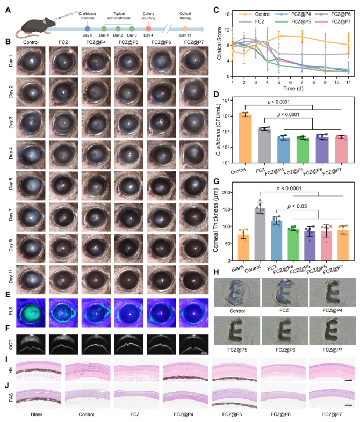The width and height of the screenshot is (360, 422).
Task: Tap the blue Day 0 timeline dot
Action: tap(87, 28)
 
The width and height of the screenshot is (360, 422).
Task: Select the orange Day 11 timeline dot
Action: tap(185, 28)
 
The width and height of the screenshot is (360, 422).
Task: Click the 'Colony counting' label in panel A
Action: tap(148, 16)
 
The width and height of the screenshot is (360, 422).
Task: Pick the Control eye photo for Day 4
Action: tap(31, 155)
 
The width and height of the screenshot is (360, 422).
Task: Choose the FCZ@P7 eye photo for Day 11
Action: tap(194, 280)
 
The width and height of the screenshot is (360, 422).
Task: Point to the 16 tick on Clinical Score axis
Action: tap(228, 14)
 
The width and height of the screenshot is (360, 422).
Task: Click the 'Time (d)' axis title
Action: tap(293, 88)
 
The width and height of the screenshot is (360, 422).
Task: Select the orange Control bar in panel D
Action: tap(245, 139)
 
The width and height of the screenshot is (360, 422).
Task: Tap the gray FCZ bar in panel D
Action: tap(264, 145)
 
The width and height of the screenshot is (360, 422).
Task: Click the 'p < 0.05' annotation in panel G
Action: tap(297, 206)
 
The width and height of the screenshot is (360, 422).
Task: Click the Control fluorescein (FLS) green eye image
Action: tap(31, 312)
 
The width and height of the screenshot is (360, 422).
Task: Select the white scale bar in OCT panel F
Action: tap(204, 353)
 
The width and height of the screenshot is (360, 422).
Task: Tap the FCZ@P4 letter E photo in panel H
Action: tap(333, 292)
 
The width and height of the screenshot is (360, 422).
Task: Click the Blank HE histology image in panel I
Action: tap(39, 369)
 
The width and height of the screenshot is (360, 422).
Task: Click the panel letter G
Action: tap(216, 181)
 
